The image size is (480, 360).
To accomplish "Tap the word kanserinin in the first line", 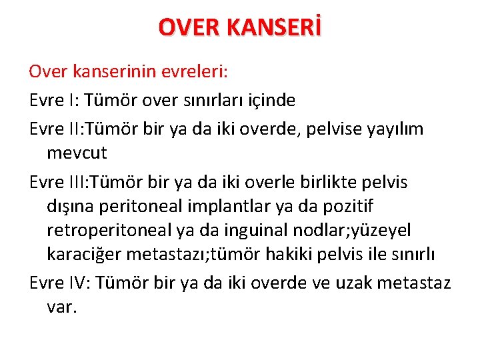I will click(103, 71).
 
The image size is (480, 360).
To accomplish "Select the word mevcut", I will click(77, 153).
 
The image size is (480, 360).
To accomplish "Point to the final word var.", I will click(62, 307).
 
